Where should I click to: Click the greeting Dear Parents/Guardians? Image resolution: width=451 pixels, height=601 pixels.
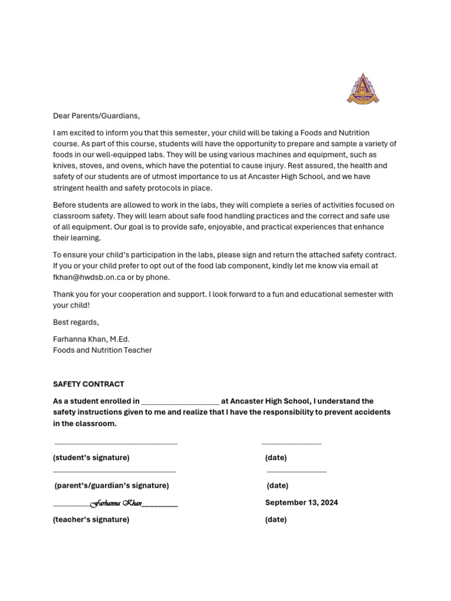point(97,116)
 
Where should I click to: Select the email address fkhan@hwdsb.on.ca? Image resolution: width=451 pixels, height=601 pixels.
point(89,277)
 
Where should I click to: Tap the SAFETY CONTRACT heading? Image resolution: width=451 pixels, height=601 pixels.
point(88,384)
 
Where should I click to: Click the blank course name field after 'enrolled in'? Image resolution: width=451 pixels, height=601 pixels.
point(180,402)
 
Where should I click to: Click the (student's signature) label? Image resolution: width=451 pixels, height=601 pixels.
point(91,457)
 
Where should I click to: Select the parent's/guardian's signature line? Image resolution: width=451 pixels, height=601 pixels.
point(115,471)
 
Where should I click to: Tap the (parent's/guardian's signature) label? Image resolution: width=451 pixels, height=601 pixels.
point(112,485)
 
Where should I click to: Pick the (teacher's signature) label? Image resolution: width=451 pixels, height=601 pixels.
point(91,519)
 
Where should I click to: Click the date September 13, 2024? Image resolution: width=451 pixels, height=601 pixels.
point(301,502)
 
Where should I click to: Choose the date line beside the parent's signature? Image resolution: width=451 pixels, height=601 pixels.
point(297,471)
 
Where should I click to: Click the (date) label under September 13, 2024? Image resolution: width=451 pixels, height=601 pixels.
point(276,519)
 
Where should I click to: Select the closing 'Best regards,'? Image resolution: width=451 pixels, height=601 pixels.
point(76,322)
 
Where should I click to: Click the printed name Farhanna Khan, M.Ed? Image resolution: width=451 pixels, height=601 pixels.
point(91,339)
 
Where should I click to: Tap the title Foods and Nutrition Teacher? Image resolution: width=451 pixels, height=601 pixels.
point(102,350)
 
